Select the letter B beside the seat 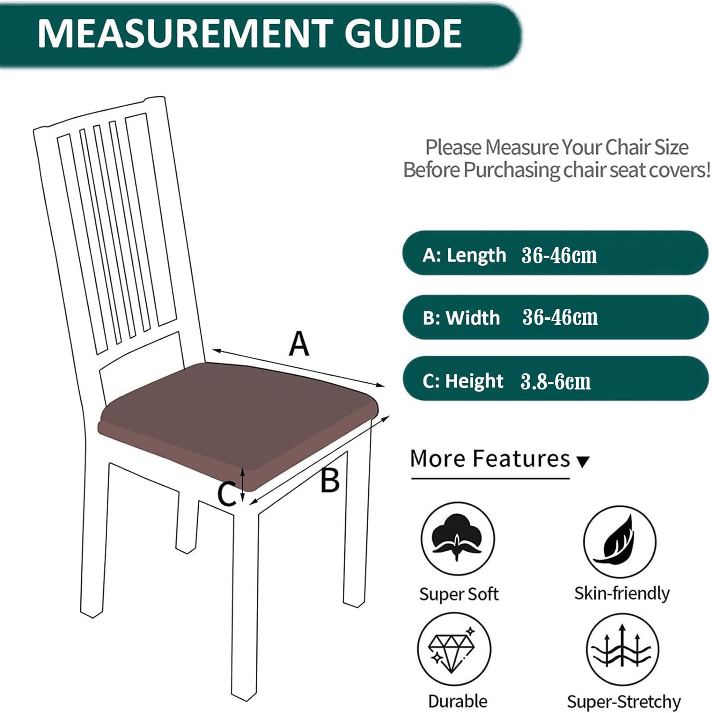330,480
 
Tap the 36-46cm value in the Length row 559,255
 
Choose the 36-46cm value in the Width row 560,317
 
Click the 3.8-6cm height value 555,381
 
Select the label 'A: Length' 464,255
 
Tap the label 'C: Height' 462,381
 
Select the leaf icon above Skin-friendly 619,541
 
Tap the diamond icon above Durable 454,649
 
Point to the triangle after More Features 582,461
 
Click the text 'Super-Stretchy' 623,701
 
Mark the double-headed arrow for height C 243,484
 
